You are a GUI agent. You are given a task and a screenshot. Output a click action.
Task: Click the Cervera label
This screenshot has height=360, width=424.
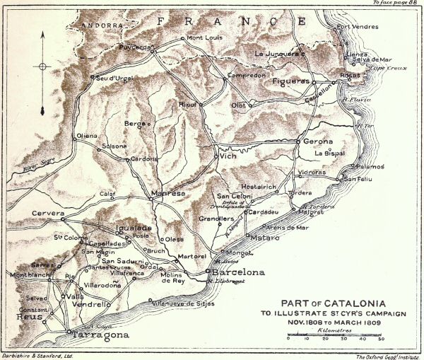(x=49, y=213)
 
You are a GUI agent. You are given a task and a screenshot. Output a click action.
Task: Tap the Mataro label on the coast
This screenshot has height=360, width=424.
(x=266, y=238)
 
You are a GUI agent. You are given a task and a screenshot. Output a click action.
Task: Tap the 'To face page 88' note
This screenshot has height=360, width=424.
(x=396, y=4)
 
